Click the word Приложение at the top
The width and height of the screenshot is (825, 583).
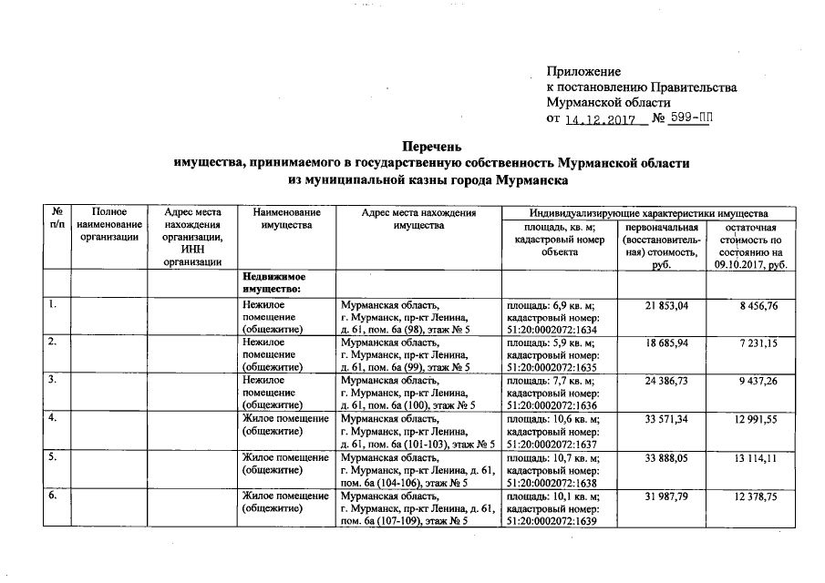pyautogui.click(x=583, y=71)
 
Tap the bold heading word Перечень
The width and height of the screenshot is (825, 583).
pyautogui.click(x=433, y=146)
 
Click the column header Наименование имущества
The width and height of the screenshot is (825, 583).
pyautogui.click(x=286, y=219)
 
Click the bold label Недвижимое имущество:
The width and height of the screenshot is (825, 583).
pyautogui.click(x=273, y=281)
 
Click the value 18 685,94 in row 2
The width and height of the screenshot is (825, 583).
pyautogui.click(x=670, y=343)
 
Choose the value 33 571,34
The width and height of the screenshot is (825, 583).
pyautogui.click(x=670, y=418)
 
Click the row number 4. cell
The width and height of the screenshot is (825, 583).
pyautogui.click(x=55, y=418)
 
